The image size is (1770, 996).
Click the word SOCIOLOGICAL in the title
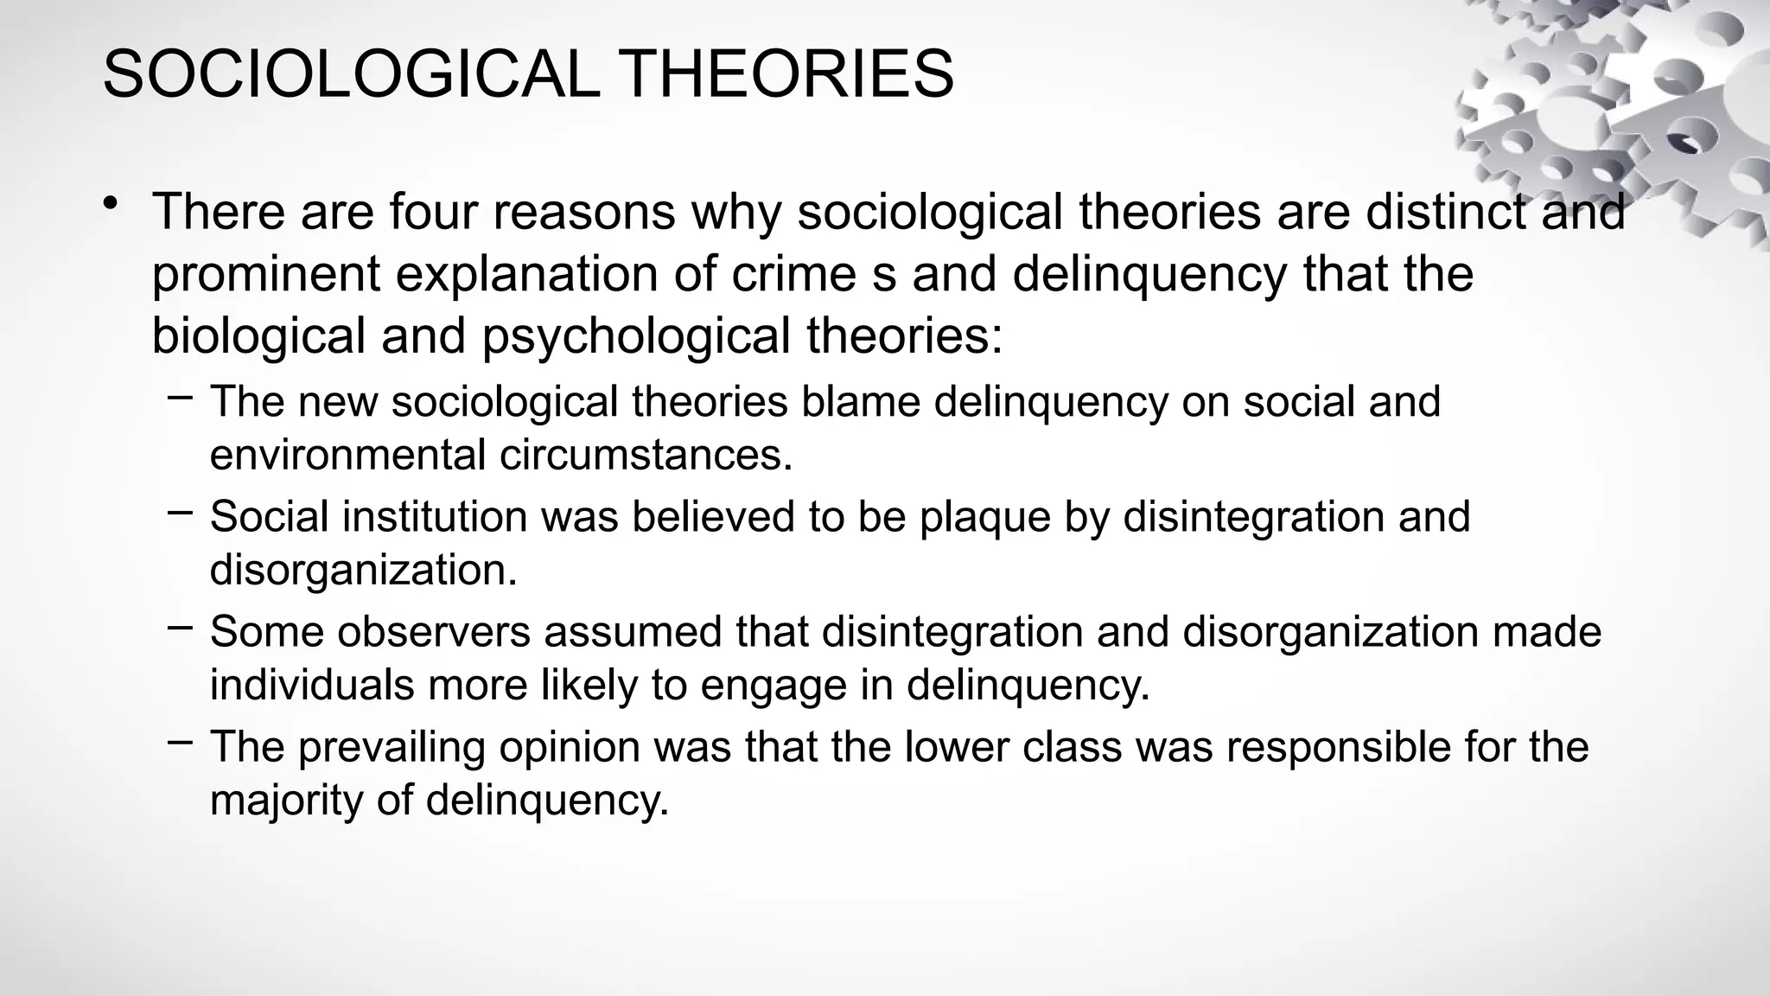351,74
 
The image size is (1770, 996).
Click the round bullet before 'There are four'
110,204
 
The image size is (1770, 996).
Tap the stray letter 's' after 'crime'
884,275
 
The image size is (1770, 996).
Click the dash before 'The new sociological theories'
180,398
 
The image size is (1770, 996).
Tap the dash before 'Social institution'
180,513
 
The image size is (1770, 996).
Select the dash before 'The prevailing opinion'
180,742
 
